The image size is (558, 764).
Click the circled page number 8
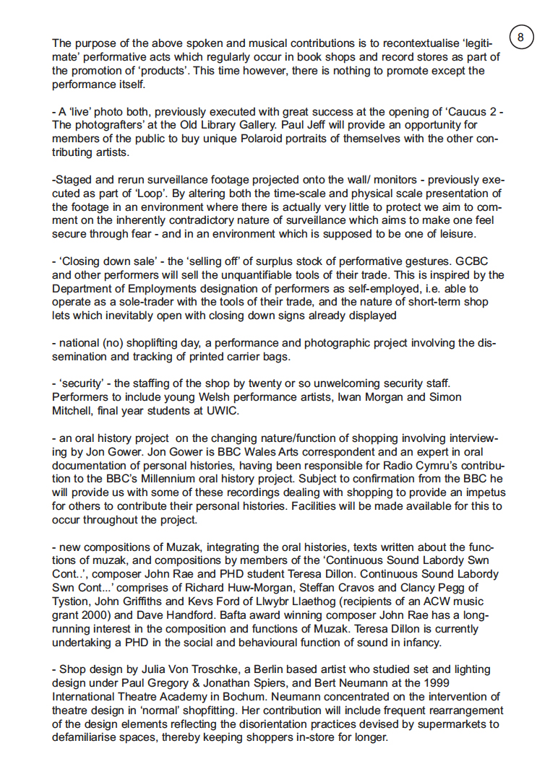click(523, 36)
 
